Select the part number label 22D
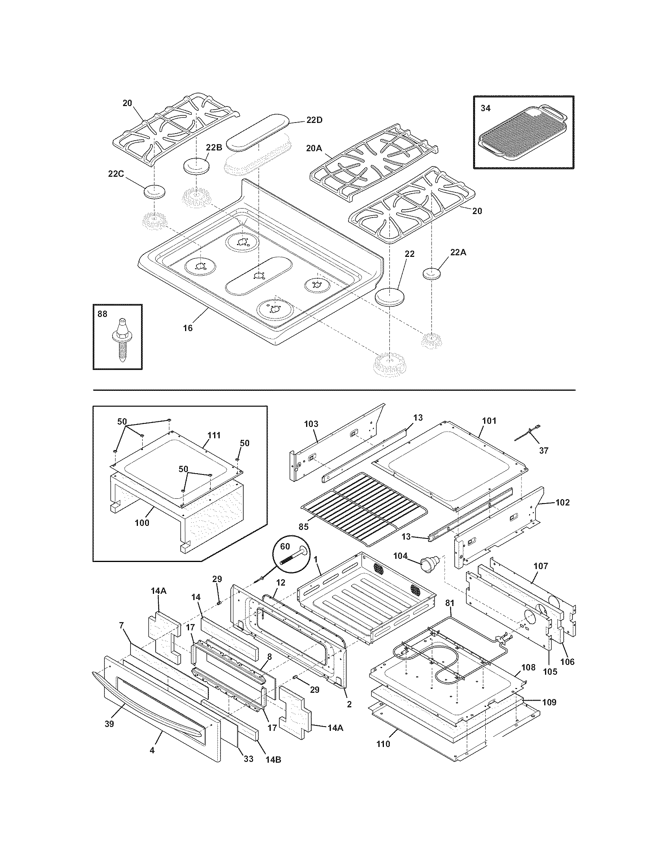314,120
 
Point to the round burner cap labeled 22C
155,192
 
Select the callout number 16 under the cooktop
188,328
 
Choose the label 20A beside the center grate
314,148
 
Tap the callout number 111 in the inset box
214,435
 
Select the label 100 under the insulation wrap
142,523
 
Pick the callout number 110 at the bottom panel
383,744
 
